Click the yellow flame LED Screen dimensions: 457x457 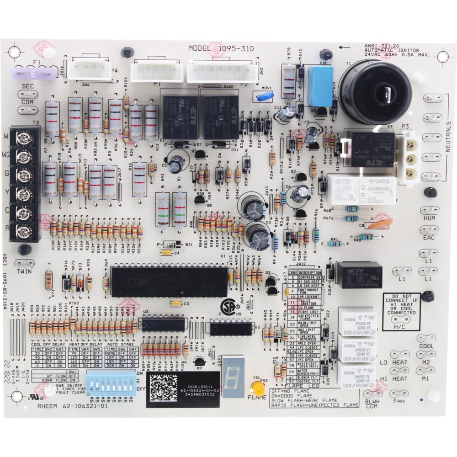pos(259,389)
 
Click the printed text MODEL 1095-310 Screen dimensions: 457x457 pos(221,48)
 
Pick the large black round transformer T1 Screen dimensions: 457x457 pos(375,91)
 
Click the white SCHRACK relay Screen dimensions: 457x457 pos(361,188)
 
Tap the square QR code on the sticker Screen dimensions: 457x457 pos(164,388)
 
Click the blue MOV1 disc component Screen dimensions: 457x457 pos(265,96)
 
